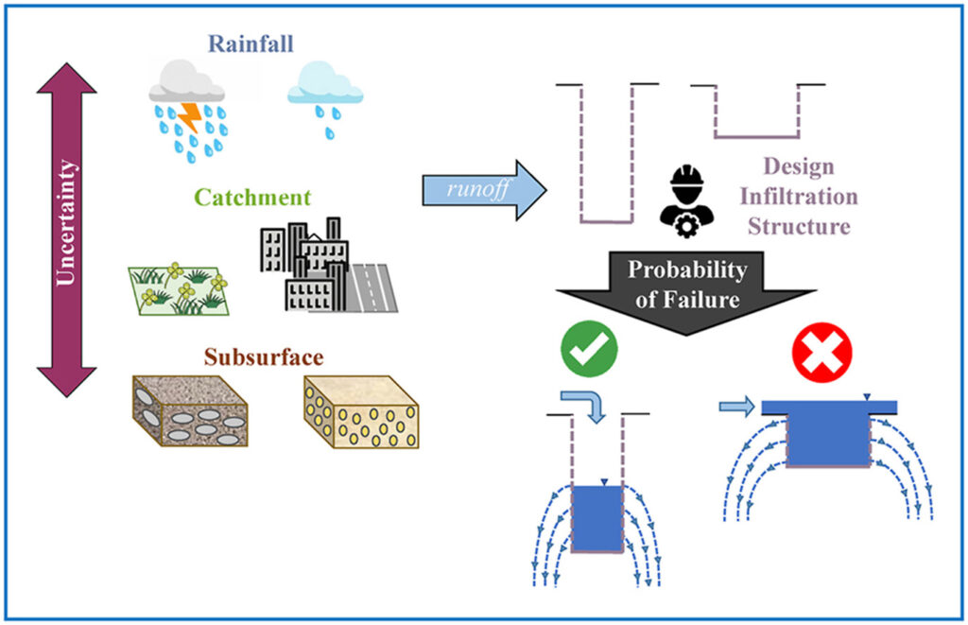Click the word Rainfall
pos(250,43)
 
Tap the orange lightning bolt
pos(190,117)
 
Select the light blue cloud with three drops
pos(325,99)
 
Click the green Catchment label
pos(252,197)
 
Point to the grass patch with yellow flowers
pos(179,289)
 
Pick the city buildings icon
pos(304,265)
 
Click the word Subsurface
pos(264,357)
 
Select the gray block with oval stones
pos(190,410)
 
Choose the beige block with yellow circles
pos(361,412)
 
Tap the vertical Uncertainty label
pos(65,222)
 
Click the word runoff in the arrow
pos(477,188)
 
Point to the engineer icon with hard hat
pos(686,200)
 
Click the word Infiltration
pos(799,197)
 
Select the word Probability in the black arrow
pos(687,269)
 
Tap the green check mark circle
pos(589,349)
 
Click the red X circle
pos(821,352)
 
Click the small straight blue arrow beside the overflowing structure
pos(737,407)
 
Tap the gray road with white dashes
pos(371,287)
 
